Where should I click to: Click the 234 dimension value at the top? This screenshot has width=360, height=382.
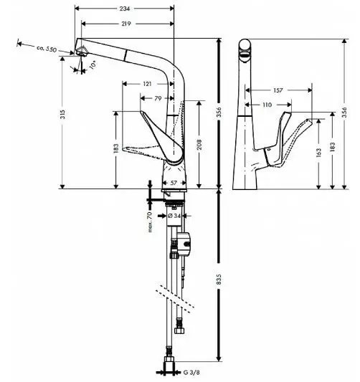[125, 9]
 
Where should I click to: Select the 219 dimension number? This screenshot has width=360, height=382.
[125, 24]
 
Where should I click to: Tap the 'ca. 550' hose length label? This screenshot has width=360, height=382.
[47, 49]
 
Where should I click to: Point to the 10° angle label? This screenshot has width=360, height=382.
[93, 65]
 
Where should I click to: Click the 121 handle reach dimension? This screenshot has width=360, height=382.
[147, 84]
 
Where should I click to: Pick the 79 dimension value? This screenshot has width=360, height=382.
[158, 98]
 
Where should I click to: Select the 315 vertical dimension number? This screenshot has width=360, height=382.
[63, 114]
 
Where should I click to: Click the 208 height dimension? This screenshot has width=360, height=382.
[199, 144]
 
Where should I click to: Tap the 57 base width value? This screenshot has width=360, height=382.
[174, 183]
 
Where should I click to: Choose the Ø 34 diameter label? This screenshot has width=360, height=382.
[174, 216]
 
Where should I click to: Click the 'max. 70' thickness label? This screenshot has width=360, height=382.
[150, 222]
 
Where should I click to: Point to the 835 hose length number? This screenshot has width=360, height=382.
[219, 280]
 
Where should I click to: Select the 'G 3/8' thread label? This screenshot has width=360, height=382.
[191, 372]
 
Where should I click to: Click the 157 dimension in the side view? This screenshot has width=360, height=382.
[278, 90]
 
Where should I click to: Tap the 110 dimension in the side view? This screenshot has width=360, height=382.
[267, 105]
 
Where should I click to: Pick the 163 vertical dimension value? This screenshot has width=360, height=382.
[318, 152]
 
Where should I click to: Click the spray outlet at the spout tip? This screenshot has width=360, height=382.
[82, 51]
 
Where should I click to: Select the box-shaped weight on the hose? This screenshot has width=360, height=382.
[184, 244]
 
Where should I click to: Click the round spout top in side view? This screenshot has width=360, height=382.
[245, 45]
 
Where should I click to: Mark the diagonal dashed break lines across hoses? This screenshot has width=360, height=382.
[175, 299]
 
